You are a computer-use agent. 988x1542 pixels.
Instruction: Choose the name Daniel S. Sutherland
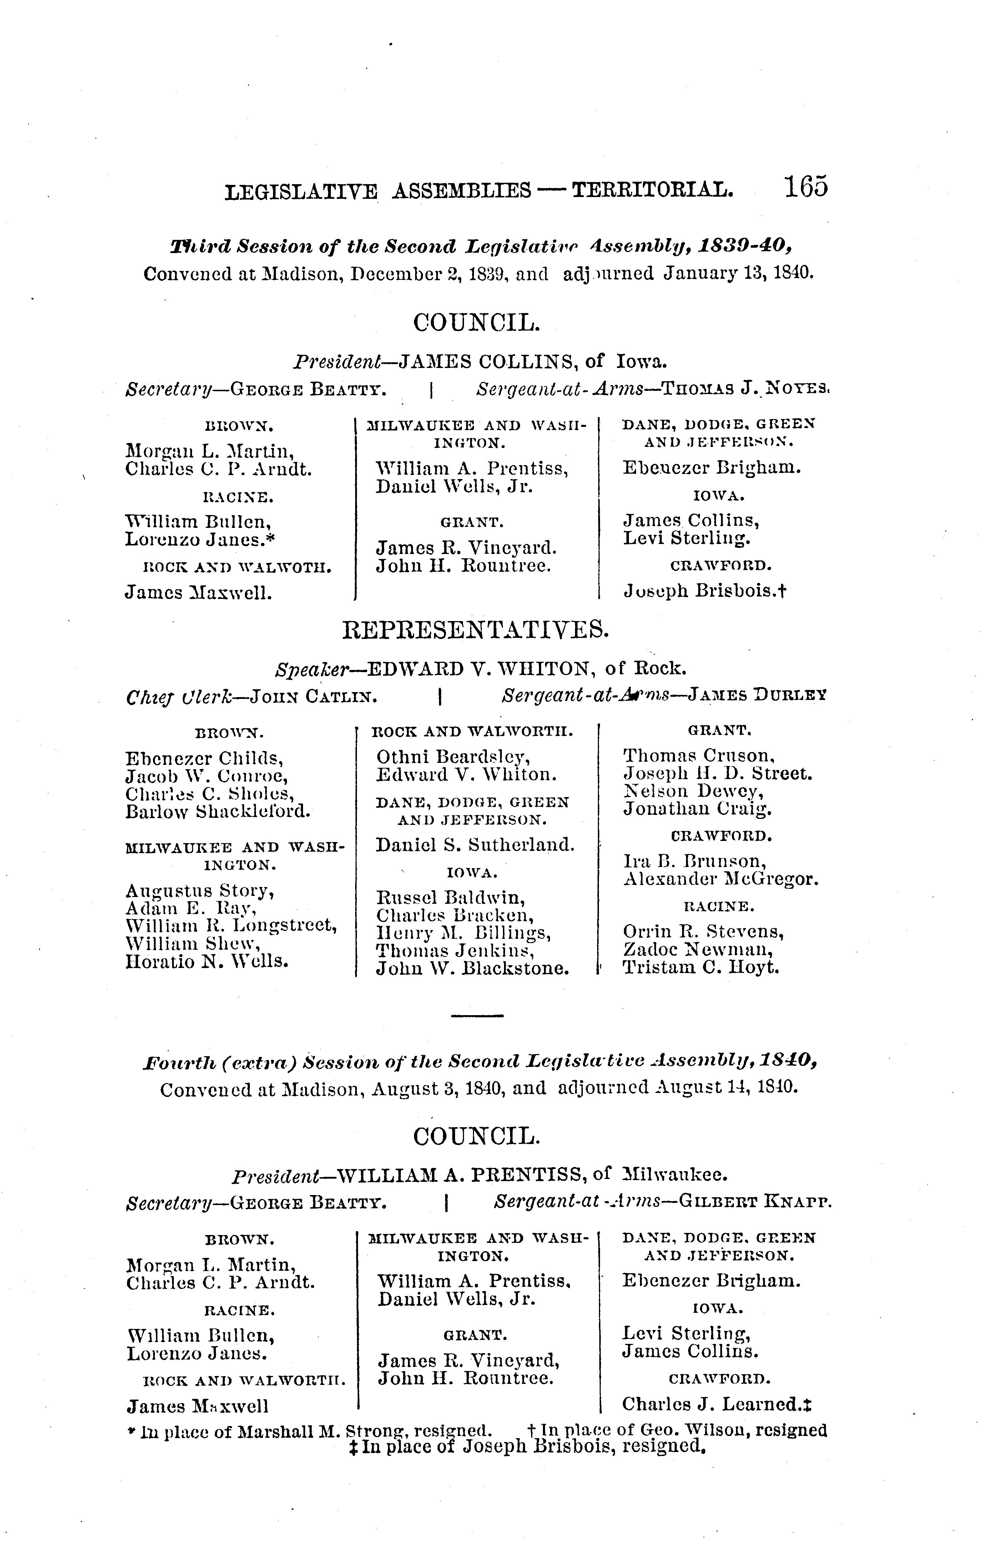475,845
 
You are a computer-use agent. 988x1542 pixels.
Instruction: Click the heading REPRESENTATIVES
476,631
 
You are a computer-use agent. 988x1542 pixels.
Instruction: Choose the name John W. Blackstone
473,968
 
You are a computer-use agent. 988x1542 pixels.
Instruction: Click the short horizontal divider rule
477,1016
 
